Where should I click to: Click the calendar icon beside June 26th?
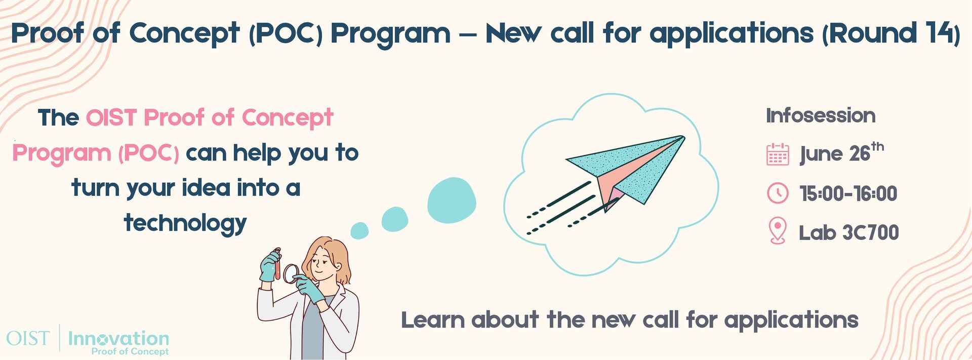tap(778, 154)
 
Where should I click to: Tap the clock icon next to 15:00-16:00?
tap(778, 193)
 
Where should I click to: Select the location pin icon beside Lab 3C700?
tap(778, 231)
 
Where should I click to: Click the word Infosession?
tap(821, 116)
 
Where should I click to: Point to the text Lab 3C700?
tap(848, 233)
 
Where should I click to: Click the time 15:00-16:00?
tap(848, 193)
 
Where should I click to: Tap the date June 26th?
tap(840, 153)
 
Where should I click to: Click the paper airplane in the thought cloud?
tap(628, 170)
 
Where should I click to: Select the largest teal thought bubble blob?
tap(452, 201)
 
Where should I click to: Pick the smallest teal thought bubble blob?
tap(359, 231)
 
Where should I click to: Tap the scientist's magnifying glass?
tap(291, 273)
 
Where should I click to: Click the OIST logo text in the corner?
tap(28, 338)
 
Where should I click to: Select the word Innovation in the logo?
tap(118, 338)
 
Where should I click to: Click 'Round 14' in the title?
tap(891, 33)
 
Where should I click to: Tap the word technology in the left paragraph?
tap(185, 223)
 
